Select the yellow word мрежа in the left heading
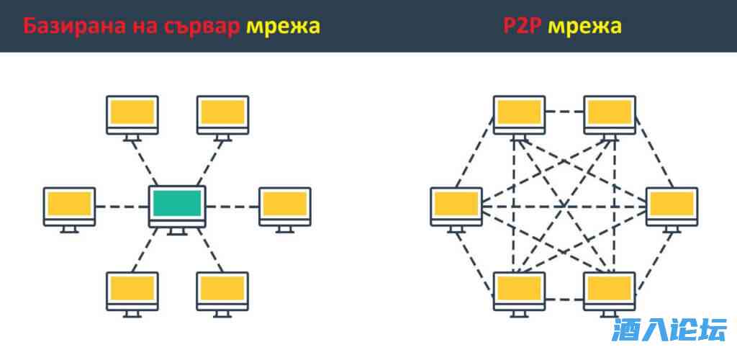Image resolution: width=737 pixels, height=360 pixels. click(283, 27)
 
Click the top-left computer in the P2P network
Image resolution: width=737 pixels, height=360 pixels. click(519, 114)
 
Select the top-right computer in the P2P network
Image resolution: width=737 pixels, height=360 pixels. click(609, 114)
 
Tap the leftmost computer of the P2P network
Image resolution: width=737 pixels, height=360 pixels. click(456, 205)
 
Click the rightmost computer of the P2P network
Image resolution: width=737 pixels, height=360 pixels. click(672, 205)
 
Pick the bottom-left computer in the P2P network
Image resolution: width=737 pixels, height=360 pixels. click(519, 289)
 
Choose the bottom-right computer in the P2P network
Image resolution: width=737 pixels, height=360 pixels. click(609, 289)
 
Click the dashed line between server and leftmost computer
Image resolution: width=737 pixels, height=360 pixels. click(121, 207)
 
